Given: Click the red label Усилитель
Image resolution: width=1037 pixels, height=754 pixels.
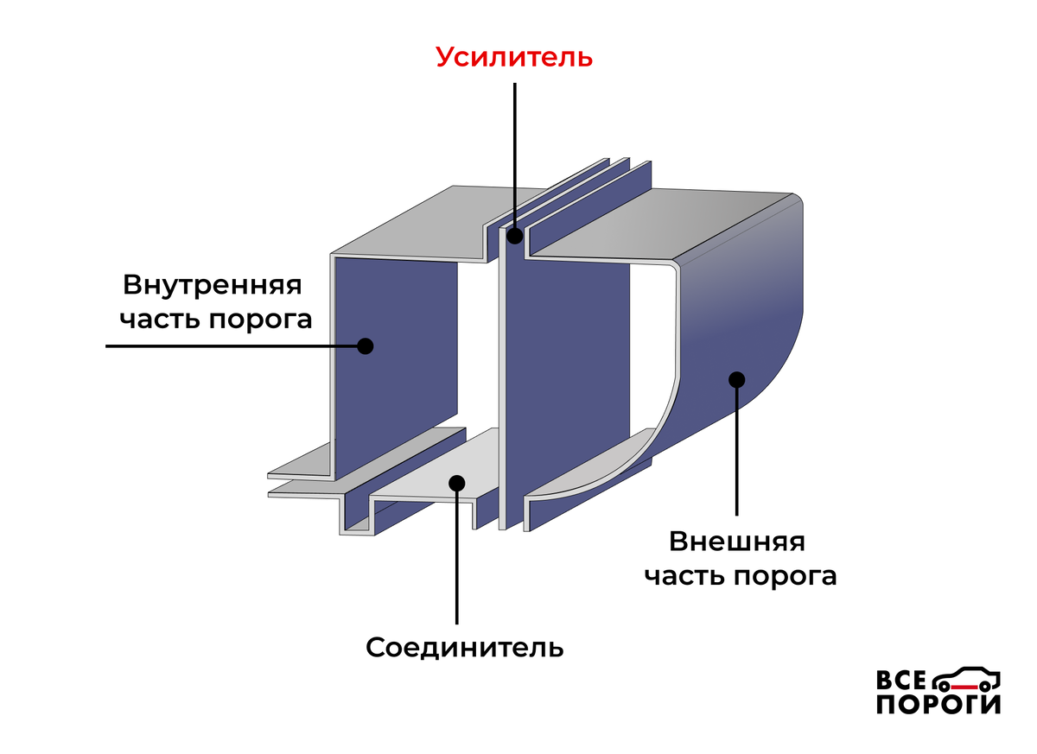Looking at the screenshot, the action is [514, 57].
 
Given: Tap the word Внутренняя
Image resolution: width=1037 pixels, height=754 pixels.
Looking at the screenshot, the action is [212, 285].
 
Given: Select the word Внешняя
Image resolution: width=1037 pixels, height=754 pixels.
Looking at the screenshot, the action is [737, 542].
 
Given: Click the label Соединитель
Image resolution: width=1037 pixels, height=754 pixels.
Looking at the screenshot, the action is [465, 647].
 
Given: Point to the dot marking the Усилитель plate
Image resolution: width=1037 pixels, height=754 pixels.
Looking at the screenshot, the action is [515, 236].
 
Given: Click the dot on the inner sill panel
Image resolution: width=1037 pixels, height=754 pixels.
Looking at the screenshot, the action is [365, 345].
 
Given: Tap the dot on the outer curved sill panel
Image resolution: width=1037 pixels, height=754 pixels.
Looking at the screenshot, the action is [736, 378].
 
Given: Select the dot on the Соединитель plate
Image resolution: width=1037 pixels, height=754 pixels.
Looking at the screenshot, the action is [457, 483].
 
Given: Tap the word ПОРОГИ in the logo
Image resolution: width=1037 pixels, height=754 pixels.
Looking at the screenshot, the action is [938, 705].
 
